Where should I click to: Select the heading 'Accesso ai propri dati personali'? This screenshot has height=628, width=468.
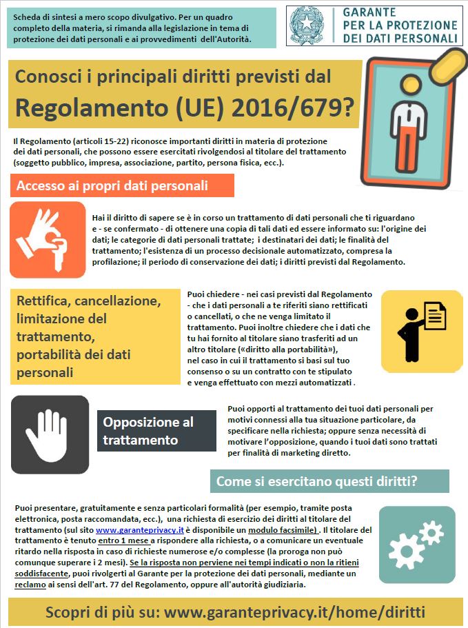(x=112, y=186)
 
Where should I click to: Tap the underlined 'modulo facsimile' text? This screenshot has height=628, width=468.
(x=284, y=531)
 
